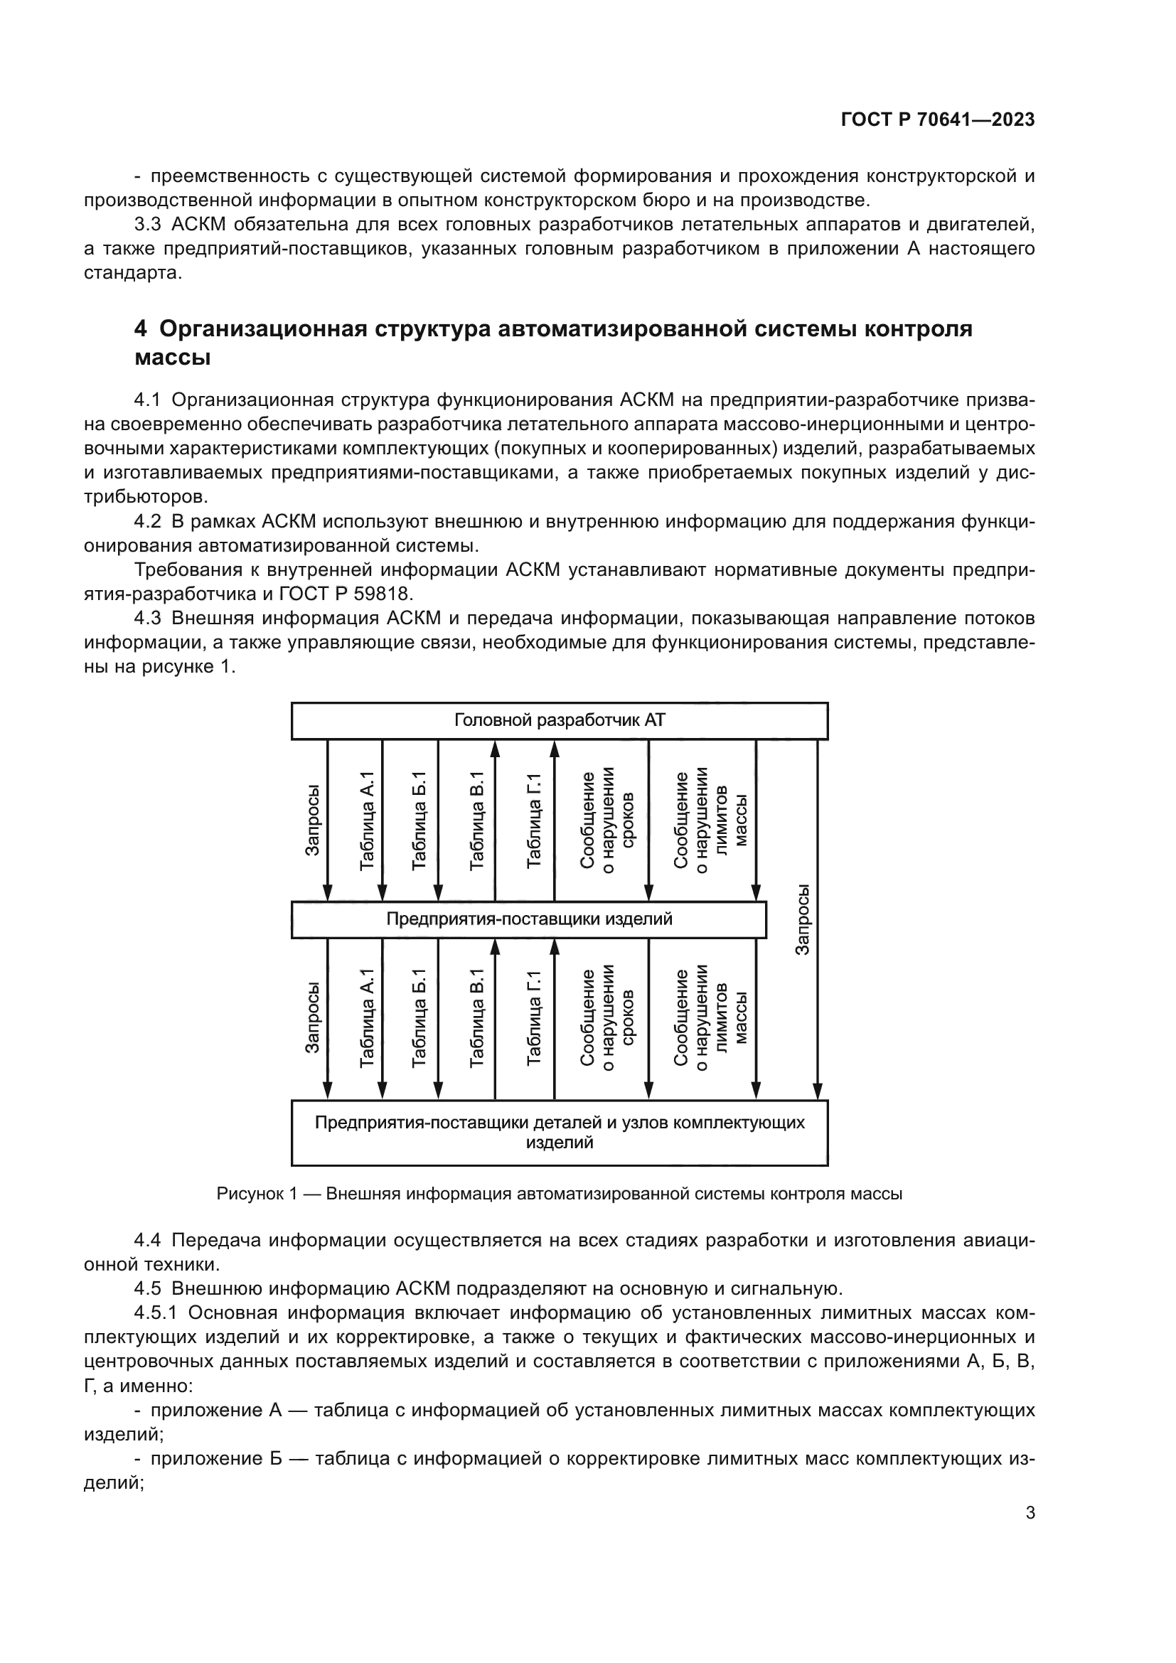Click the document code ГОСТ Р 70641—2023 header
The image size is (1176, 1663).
click(937, 120)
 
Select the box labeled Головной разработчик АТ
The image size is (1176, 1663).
click(559, 721)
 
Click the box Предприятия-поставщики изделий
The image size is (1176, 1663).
click(528, 919)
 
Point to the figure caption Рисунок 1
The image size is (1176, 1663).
click(559, 1194)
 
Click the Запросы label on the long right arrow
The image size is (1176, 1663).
click(801, 919)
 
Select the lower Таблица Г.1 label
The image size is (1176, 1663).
click(534, 1017)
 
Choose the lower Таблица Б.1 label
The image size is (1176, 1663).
click(419, 1017)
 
